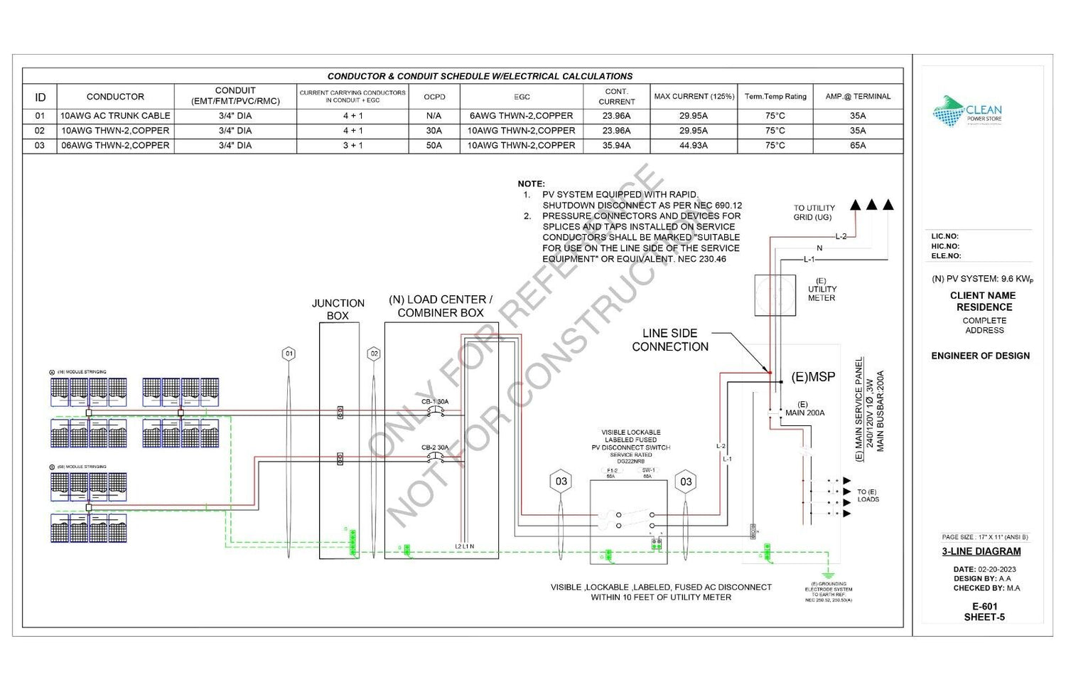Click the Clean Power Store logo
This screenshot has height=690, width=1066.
[x=967, y=112]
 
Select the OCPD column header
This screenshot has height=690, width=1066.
[x=434, y=97]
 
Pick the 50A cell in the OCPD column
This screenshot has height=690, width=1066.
[x=434, y=146]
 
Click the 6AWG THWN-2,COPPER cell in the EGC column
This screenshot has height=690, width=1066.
[x=521, y=116]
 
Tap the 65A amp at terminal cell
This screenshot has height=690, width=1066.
[x=857, y=146]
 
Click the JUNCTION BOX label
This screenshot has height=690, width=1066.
[x=338, y=309]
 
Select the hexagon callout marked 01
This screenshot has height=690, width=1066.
[x=289, y=354]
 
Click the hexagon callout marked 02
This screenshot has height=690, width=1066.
[x=374, y=354]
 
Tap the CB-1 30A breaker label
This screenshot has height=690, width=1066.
[x=435, y=402]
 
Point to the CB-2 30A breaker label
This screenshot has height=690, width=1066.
[x=435, y=447]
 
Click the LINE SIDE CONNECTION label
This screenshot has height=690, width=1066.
[x=670, y=340]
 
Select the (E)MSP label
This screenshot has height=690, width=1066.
[x=813, y=377]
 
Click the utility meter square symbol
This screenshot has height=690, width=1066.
[x=775, y=294]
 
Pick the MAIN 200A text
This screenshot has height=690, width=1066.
[x=804, y=413]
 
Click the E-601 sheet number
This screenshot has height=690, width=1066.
[x=984, y=607]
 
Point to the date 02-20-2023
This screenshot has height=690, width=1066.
[x=996, y=569]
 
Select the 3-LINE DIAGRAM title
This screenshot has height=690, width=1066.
[x=981, y=551]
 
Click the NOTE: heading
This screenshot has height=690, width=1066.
[x=531, y=184]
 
